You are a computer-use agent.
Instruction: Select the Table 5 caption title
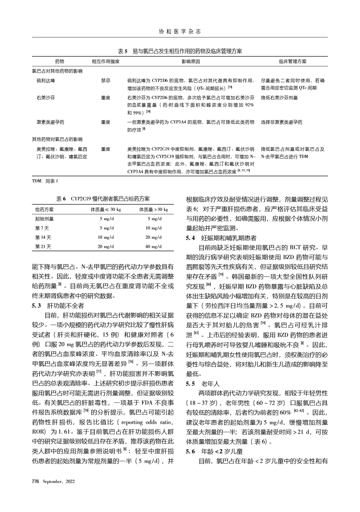click(180, 51)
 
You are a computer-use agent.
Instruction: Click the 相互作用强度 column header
click(106, 62)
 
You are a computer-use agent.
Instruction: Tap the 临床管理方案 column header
click(293, 62)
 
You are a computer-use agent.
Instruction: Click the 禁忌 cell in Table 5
click(106, 81)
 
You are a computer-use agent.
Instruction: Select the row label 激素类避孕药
click(50, 122)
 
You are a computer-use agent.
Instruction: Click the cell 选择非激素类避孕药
click(282, 122)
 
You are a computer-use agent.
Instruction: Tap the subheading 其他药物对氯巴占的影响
click(57, 140)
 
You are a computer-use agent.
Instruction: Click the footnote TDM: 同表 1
click(45, 181)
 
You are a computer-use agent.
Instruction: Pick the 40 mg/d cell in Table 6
click(154, 247)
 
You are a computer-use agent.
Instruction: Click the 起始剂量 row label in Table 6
click(44, 219)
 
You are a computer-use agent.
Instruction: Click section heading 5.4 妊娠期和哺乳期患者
click(221, 239)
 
